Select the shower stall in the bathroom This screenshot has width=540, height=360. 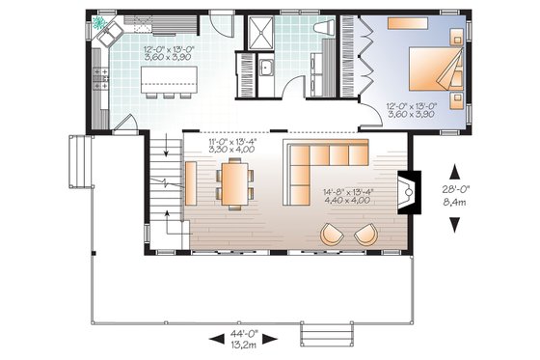pyautogui.click(x=257, y=36)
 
